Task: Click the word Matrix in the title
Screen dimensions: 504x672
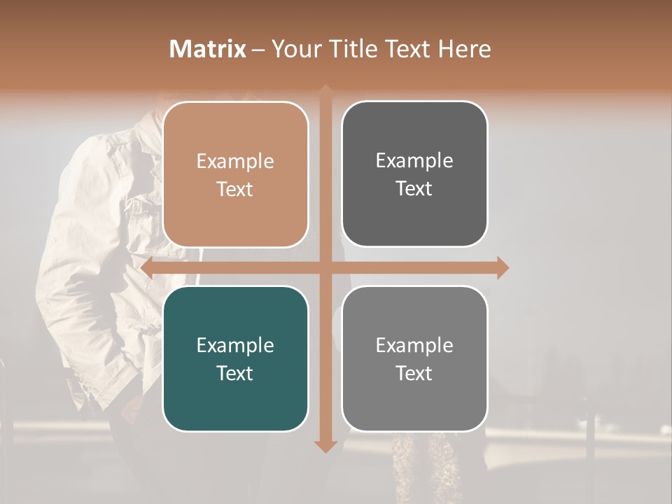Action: (x=208, y=49)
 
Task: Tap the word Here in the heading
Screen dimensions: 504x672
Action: (x=464, y=49)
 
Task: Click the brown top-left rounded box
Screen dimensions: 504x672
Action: (x=235, y=175)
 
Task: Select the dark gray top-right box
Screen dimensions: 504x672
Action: (x=414, y=174)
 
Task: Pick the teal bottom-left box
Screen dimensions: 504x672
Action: (x=235, y=358)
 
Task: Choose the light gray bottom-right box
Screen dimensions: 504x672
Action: (x=414, y=358)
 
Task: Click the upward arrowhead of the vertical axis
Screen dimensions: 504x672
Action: (x=325, y=90)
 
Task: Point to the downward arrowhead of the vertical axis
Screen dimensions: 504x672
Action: (x=325, y=446)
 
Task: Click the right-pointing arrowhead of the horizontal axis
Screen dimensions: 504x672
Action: (x=503, y=267)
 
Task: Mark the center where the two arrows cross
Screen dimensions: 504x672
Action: (x=325, y=267)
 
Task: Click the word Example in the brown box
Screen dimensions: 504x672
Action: (x=235, y=162)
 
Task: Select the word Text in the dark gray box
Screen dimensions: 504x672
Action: (x=414, y=188)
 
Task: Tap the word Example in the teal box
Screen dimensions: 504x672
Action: (x=235, y=345)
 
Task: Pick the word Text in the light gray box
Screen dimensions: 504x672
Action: (x=414, y=372)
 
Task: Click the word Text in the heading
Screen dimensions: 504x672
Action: (x=405, y=49)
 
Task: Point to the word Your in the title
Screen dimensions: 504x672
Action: (x=293, y=49)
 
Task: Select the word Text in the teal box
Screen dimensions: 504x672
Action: (x=235, y=372)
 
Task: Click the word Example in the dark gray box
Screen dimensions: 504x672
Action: (x=414, y=161)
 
